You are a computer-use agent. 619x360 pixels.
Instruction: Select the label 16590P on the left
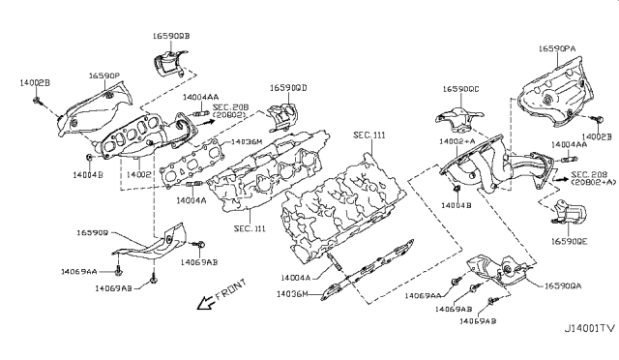click(104, 75)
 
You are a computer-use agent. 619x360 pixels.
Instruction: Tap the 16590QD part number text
click(288, 88)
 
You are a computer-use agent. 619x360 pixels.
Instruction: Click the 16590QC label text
click(459, 89)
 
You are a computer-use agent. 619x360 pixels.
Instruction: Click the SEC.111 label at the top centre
click(368, 135)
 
